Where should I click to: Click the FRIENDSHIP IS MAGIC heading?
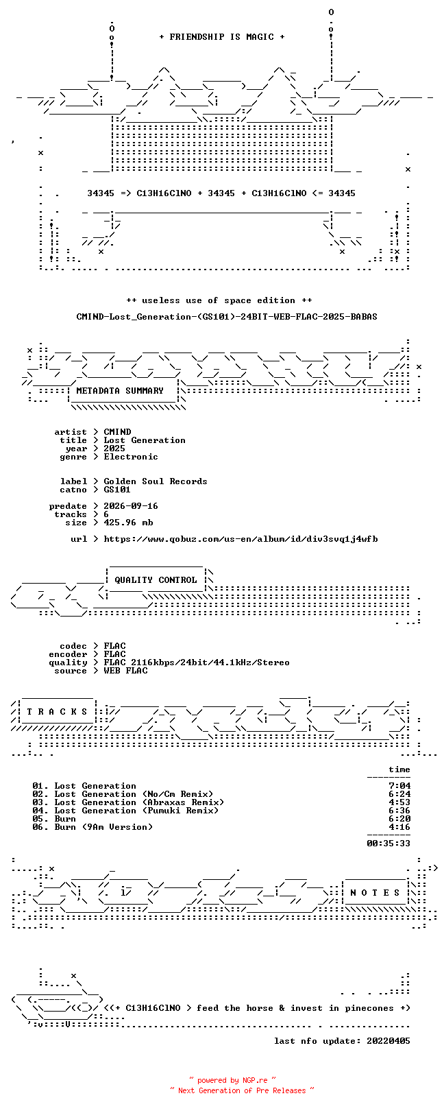222,37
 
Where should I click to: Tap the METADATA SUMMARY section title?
120,391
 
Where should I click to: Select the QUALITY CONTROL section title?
156,580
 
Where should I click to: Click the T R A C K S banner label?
57,712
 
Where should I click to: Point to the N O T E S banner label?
375,893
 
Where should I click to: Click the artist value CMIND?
117,432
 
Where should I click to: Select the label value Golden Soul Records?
156,481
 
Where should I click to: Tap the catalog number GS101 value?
117,490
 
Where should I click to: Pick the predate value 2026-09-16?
131,506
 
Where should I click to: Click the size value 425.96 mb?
128,523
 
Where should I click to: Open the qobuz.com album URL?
241,539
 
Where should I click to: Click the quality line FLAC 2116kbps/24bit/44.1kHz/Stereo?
197,662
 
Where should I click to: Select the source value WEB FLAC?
125,671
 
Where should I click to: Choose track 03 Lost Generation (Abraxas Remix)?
128,802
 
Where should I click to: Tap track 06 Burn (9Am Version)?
92,827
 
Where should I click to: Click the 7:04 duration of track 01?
399,786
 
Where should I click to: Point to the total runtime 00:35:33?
388,843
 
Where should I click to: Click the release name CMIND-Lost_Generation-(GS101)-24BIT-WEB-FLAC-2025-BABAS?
227,316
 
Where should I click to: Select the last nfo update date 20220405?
388,1041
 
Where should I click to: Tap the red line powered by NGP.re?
232,1080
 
